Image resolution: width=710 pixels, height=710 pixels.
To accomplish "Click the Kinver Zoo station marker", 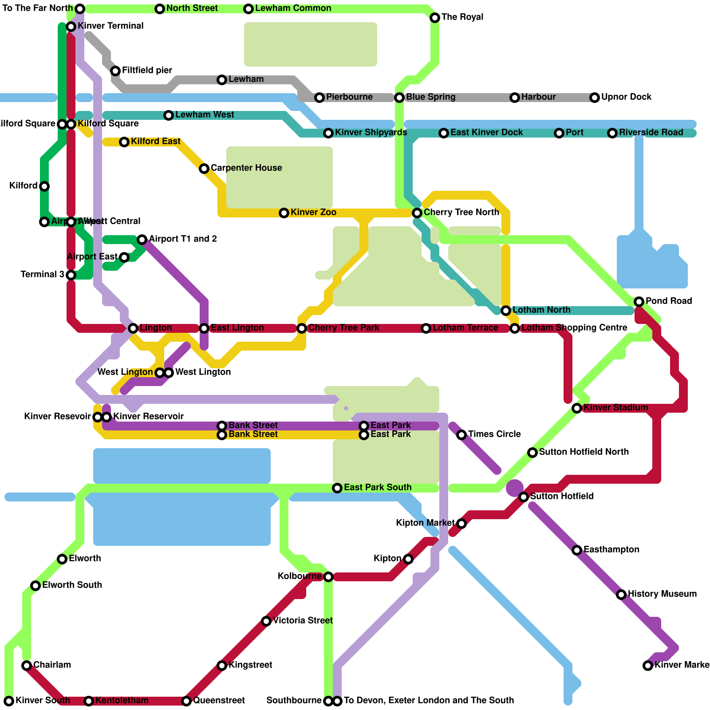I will tap(284, 213).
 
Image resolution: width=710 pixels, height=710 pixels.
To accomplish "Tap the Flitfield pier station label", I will tap(147, 71).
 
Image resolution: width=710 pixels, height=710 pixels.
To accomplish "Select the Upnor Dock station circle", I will tap(595, 98).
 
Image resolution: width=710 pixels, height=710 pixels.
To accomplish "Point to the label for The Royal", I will tap(462, 17).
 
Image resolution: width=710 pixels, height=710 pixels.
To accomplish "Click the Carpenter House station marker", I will tap(204, 169).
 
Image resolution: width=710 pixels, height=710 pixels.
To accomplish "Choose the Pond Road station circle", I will tap(639, 302).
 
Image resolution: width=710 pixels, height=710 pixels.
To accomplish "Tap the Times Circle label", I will tap(494, 434).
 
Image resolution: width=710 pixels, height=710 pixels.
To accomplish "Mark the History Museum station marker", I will tap(621, 595).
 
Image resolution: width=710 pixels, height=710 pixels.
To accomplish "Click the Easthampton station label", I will tap(611, 550).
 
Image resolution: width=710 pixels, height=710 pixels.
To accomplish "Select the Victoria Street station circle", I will tap(266, 621).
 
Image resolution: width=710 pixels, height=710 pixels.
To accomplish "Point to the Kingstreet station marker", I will tap(222, 666).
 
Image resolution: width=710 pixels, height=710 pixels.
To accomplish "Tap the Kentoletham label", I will tap(122, 701).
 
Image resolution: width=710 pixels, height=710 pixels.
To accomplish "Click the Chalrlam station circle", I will tap(27, 666).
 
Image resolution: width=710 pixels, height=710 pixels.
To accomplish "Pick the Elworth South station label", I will tap(72, 585).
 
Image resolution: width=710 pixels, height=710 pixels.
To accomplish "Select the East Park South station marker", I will tap(337, 488).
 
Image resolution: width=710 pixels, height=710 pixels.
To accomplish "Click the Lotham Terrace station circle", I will tap(426, 328).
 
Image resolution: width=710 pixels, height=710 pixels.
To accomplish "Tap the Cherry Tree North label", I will tap(461, 213).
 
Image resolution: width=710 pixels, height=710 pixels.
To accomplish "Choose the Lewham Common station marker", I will tap(248, 9).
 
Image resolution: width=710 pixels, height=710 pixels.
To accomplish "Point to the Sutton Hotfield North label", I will tap(584, 452).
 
